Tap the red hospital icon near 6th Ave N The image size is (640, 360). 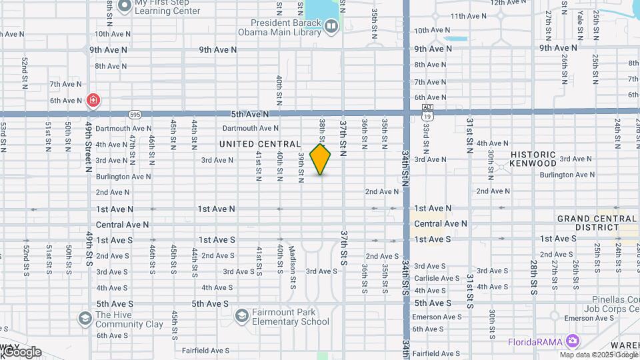pos(93,101)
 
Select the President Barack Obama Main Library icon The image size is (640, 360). pos(331,26)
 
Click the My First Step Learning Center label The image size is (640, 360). pos(167,7)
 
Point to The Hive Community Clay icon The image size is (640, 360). pos(85,319)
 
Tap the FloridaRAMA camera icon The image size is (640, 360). pos(572,341)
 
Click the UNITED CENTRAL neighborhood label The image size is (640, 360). pos(259,144)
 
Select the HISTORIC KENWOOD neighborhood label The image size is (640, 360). pos(533,159)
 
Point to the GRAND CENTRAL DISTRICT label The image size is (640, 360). pos(597,223)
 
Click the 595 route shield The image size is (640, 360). pos(135,114)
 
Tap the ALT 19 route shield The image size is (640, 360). pos(428,111)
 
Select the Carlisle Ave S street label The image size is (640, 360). pos(437,278)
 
